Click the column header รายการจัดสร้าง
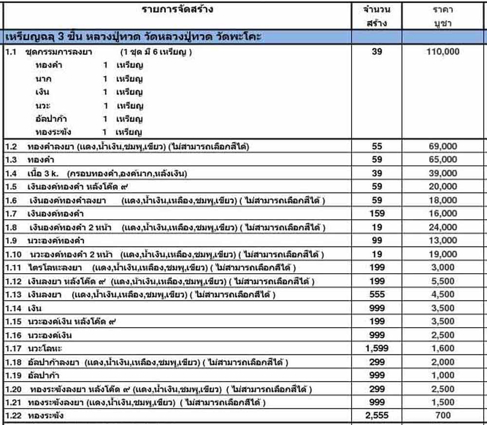click(177, 9)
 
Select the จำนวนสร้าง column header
click(376, 16)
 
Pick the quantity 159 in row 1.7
click(377, 213)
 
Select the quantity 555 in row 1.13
click(377, 294)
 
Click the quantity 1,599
click(377, 348)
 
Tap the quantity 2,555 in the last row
click(377, 416)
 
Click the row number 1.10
click(13, 254)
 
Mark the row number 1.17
click(13, 349)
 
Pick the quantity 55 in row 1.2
click(377, 146)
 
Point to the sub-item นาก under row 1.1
click(43, 79)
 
